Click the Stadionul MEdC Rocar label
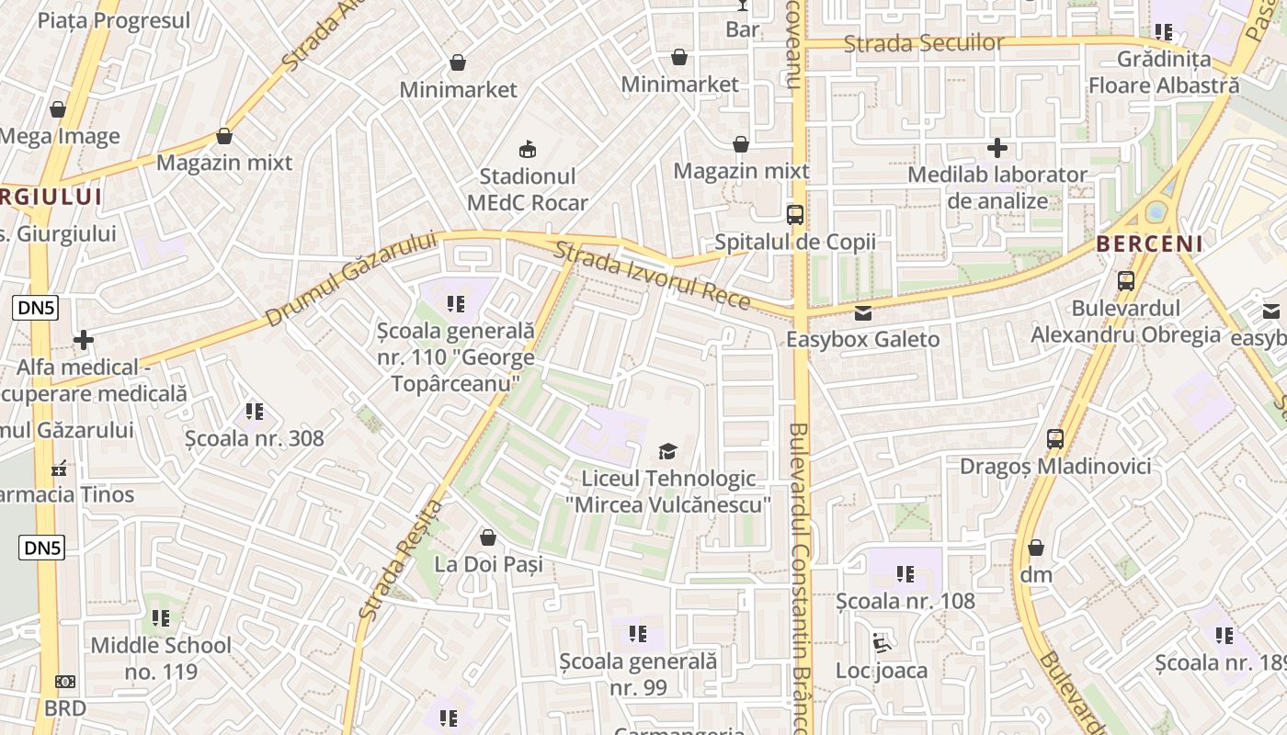528,189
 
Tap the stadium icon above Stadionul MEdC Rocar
528,148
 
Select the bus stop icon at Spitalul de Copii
795,215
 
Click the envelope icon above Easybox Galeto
862,313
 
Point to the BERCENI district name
1149,243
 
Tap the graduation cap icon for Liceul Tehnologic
667,451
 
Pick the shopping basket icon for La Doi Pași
488,537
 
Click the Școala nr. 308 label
255,438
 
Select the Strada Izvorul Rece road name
652,277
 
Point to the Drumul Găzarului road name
351,278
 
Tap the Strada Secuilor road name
924,43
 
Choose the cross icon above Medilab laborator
997,147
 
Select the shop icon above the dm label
1036,548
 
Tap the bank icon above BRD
65,682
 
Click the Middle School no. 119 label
161,658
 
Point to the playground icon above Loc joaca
882,642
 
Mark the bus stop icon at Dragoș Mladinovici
1055,439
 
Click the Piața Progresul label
114,20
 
